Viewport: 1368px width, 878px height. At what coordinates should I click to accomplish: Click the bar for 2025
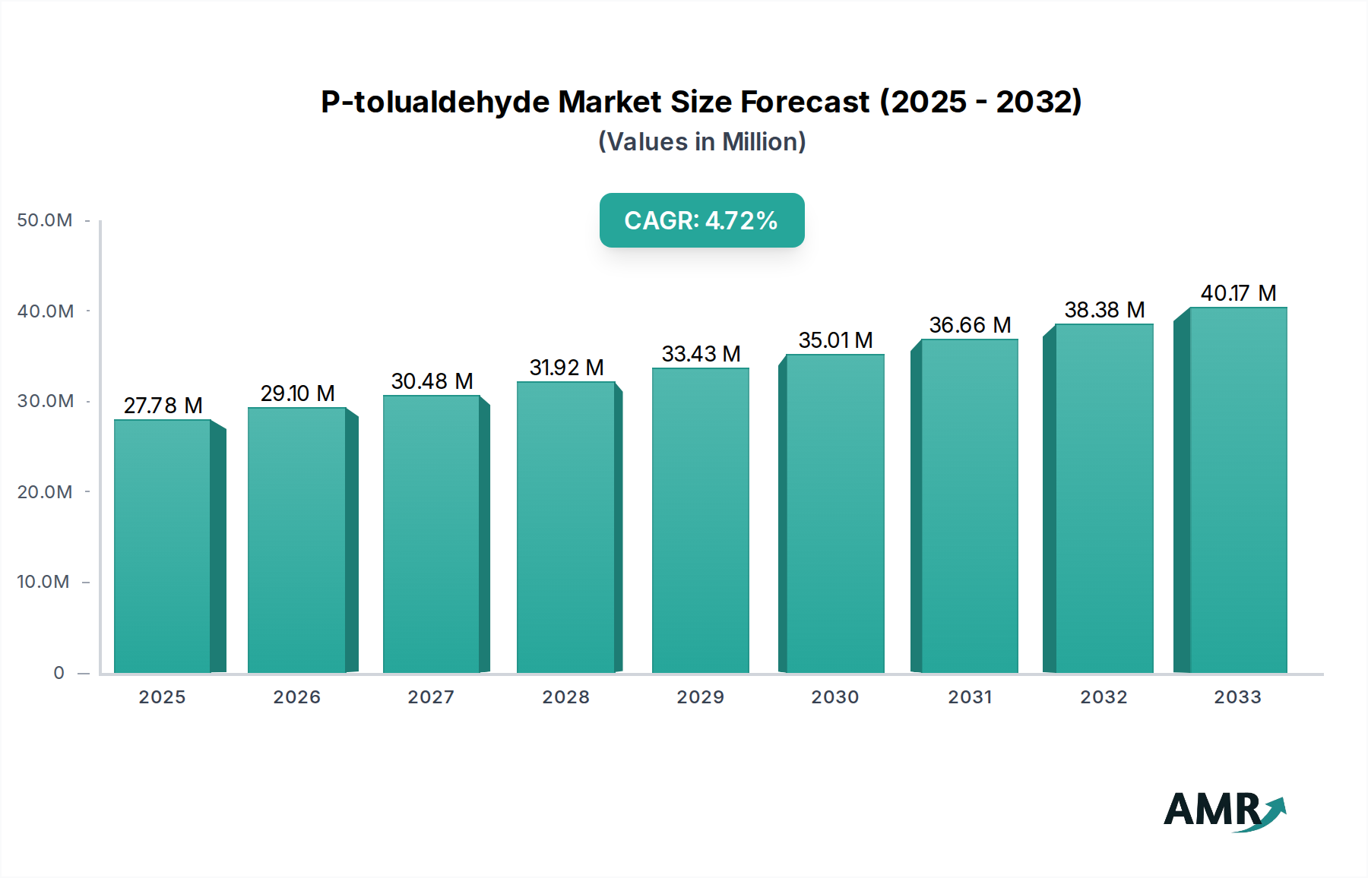click(x=163, y=547)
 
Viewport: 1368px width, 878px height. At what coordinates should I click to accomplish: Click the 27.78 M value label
click(x=163, y=406)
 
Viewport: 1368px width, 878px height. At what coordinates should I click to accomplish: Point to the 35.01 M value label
click(x=835, y=340)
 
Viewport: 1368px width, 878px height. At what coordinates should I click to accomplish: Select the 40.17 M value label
click(x=1238, y=293)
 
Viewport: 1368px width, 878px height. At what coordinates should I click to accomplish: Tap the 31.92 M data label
click(x=566, y=368)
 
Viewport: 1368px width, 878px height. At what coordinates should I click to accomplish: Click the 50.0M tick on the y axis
click(x=45, y=220)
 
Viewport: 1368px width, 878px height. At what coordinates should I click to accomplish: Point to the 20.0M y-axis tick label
click(x=45, y=492)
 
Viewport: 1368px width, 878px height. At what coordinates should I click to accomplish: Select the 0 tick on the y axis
click(x=59, y=673)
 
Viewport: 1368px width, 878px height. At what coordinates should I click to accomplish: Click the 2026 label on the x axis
click(x=297, y=697)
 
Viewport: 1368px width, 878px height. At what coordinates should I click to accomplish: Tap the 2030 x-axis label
click(x=835, y=697)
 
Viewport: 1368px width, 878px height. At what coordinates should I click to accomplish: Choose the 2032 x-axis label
click(x=1104, y=697)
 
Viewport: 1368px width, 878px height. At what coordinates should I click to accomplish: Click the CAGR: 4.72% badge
click(x=701, y=220)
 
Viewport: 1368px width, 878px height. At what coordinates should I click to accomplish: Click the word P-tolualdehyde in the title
click(x=435, y=102)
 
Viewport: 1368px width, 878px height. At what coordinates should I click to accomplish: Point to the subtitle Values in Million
click(x=701, y=142)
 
